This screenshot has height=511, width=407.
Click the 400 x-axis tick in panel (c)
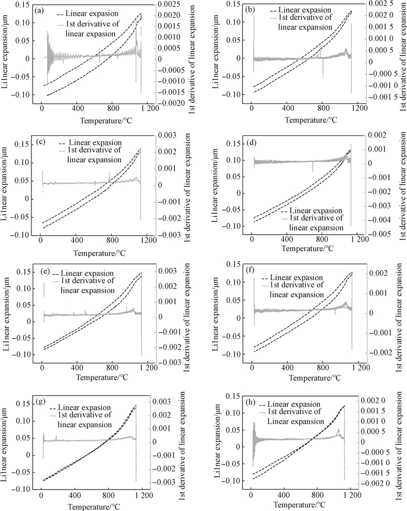click(x=76, y=240)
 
